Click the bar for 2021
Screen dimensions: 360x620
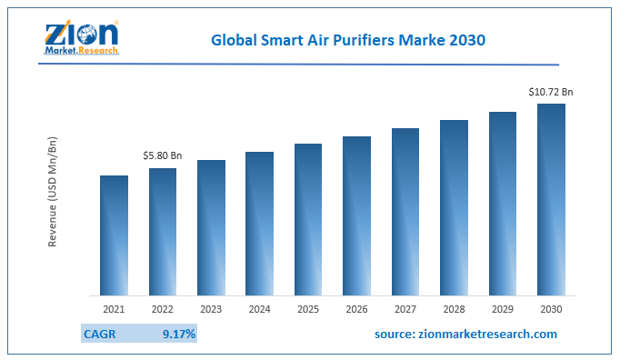pos(114,235)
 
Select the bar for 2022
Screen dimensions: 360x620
pos(163,232)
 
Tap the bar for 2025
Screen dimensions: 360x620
pos(308,219)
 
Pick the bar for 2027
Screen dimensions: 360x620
pos(405,212)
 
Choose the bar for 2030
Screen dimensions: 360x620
pos(551,199)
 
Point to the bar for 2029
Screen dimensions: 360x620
pos(503,204)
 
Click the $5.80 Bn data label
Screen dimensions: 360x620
pos(163,156)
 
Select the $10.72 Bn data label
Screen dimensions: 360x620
pos(552,92)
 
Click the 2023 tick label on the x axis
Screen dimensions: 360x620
pos(211,310)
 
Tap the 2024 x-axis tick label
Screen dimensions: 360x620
pos(260,310)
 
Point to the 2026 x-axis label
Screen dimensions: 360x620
pos(356,310)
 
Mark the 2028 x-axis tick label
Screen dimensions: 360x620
pos(454,310)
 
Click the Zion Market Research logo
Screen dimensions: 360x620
pos(81,37)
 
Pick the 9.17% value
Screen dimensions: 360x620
pos(178,335)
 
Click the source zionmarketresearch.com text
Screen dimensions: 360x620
pos(465,335)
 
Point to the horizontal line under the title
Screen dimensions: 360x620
pos(364,65)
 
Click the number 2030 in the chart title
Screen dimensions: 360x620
pos(466,41)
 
